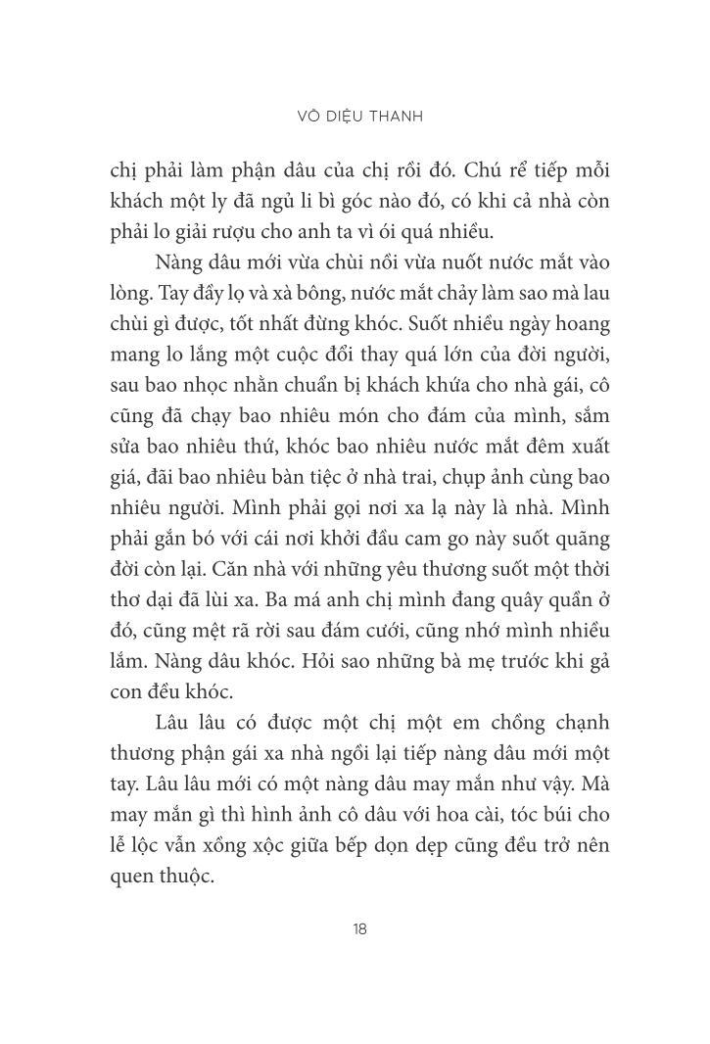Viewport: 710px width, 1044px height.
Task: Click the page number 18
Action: pyautogui.click(x=359, y=929)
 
